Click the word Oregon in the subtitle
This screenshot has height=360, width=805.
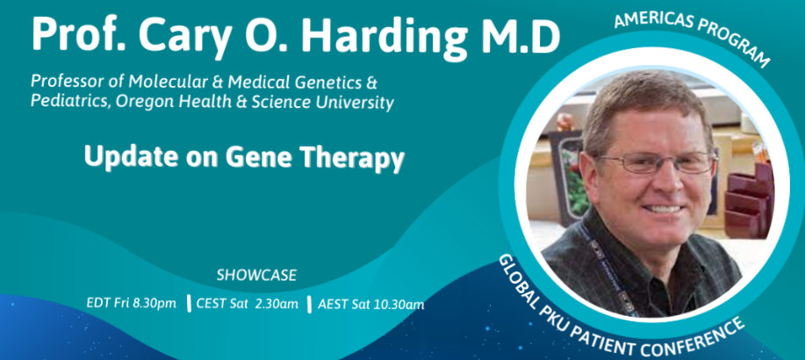(x=137, y=102)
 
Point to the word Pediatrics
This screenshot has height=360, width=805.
(x=70, y=102)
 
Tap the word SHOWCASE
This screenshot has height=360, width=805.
(x=256, y=275)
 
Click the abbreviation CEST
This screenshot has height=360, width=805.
(x=211, y=304)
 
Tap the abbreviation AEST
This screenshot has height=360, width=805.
(x=334, y=305)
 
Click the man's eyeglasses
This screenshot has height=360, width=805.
(x=658, y=162)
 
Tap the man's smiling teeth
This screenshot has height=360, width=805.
(x=661, y=209)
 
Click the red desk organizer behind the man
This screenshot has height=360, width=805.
(x=749, y=200)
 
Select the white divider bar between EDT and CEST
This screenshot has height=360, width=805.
(x=189, y=304)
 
